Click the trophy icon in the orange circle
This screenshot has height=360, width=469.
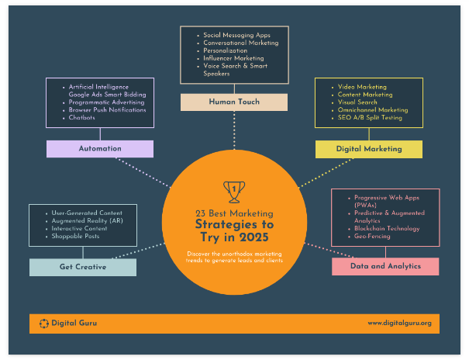tap(233, 189)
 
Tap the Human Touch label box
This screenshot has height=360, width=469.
tap(234, 102)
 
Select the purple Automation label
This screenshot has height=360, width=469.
tap(100, 148)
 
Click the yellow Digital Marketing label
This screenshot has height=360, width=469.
tap(369, 148)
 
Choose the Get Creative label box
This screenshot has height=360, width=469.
tap(83, 267)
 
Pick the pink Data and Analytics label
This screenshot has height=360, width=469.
tap(385, 266)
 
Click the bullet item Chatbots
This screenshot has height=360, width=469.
tap(83, 117)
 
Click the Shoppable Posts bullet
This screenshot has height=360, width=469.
tap(75, 237)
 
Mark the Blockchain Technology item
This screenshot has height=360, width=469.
tap(387, 229)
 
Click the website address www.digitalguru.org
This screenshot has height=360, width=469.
tap(398, 323)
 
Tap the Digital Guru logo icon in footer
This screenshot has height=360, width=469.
tap(43, 323)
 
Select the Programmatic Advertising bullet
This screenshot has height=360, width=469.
tap(107, 102)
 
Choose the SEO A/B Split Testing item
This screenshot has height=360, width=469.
tap(371, 117)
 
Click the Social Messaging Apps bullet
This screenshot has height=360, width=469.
tap(236, 35)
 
